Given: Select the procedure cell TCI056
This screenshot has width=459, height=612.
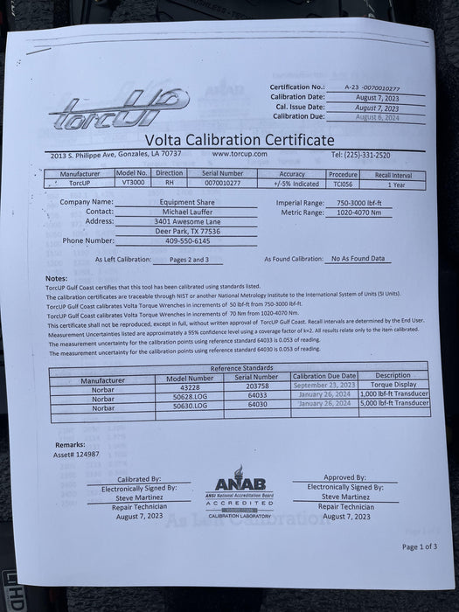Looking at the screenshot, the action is click(343, 184).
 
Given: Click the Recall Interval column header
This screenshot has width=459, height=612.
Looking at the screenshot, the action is click(395, 174).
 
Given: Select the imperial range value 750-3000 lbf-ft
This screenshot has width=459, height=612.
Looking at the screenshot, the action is click(352, 202).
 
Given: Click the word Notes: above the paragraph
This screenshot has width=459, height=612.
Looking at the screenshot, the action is click(55, 279).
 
